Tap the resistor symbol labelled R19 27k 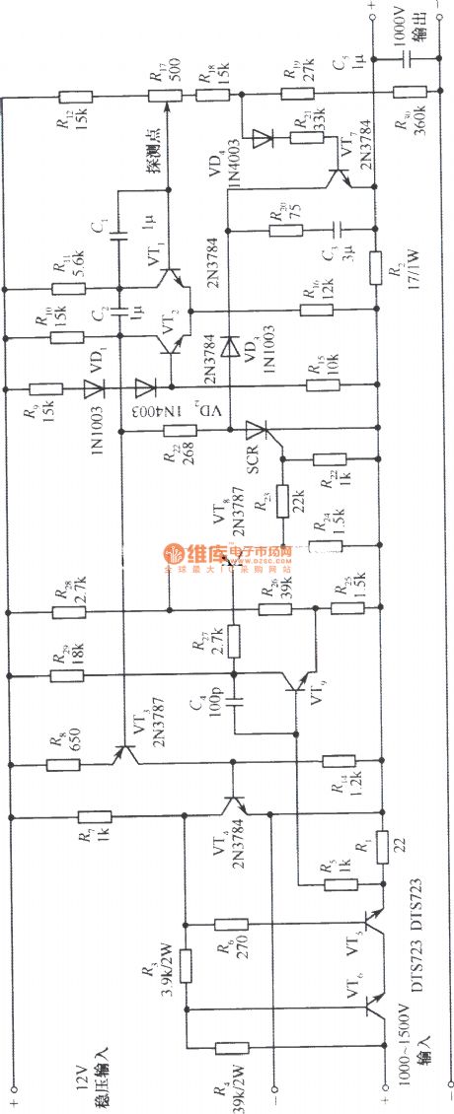297,96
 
